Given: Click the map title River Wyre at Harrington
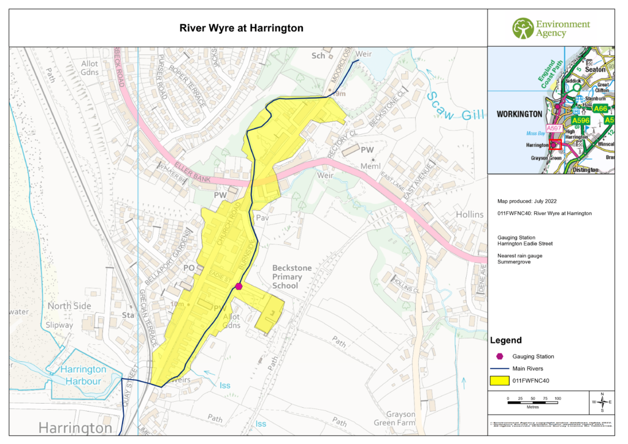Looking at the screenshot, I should pos(241,28).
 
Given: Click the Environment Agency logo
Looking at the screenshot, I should pos(551,28).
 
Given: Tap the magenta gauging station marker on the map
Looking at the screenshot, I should pos(239,286).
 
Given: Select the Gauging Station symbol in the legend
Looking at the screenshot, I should pos(500,356).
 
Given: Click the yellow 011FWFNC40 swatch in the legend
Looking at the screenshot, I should pos(500,380).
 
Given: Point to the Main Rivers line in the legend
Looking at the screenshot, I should pos(500,368).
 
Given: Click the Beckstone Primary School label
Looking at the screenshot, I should pos(293,277).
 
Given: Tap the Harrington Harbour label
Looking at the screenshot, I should pos(83,375).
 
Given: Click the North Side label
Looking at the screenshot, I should pos(69,306).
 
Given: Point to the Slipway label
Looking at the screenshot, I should pos(58,325).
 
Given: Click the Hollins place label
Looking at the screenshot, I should pos(470,214).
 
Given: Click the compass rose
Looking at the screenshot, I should pos(602,402).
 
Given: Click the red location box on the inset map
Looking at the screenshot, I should pos(556,145).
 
